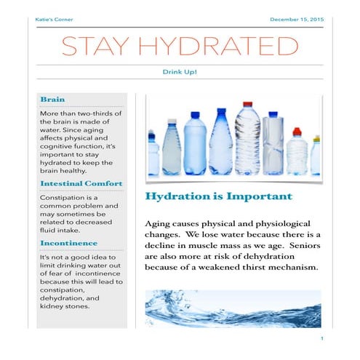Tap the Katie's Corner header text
point(53,19)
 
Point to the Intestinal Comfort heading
point(81,183)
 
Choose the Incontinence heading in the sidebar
point(68,243)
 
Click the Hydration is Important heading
point(218,197)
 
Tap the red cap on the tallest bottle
point(247,105)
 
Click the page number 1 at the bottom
point(321,340)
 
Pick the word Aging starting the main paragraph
point(158,223)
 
